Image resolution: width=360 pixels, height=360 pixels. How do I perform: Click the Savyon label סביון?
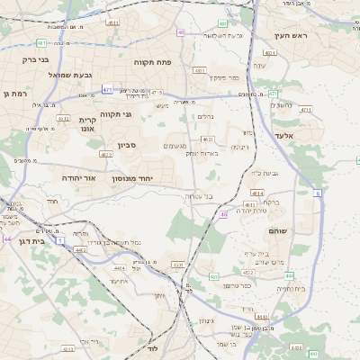126,145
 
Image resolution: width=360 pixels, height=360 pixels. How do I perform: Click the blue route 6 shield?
317,193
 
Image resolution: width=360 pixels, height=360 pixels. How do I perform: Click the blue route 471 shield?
108,89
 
